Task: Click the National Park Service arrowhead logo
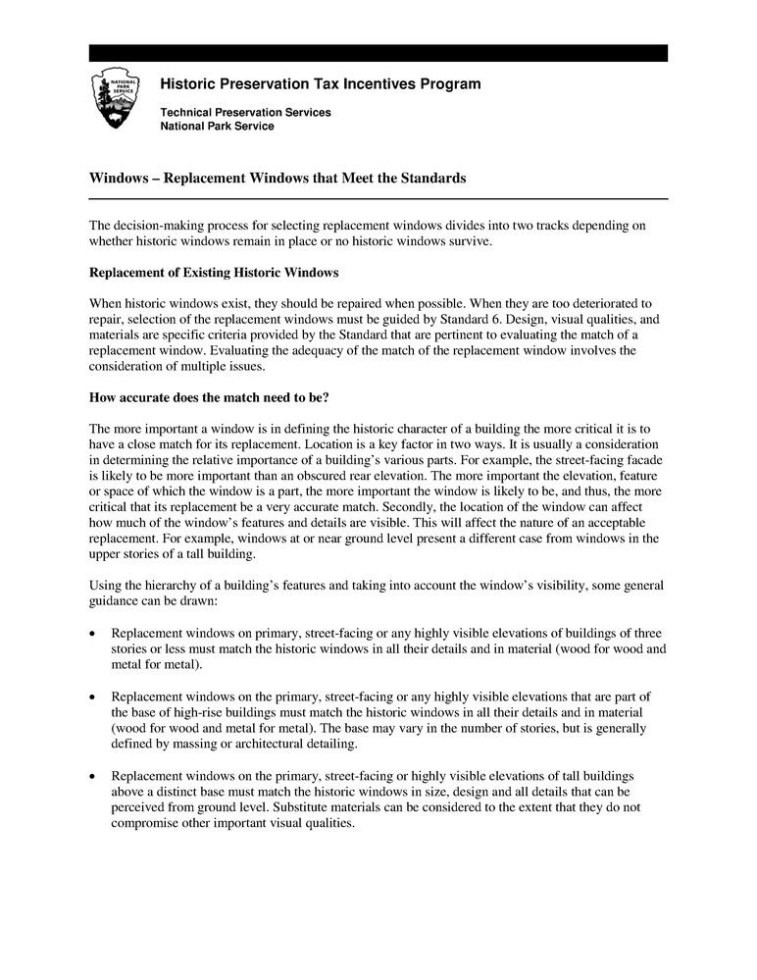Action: [117, 99]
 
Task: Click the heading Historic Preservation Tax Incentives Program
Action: [320, 84]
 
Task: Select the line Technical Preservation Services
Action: [245, 113]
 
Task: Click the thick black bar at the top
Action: [378, 53]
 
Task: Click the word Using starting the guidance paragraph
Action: [107, 586]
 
